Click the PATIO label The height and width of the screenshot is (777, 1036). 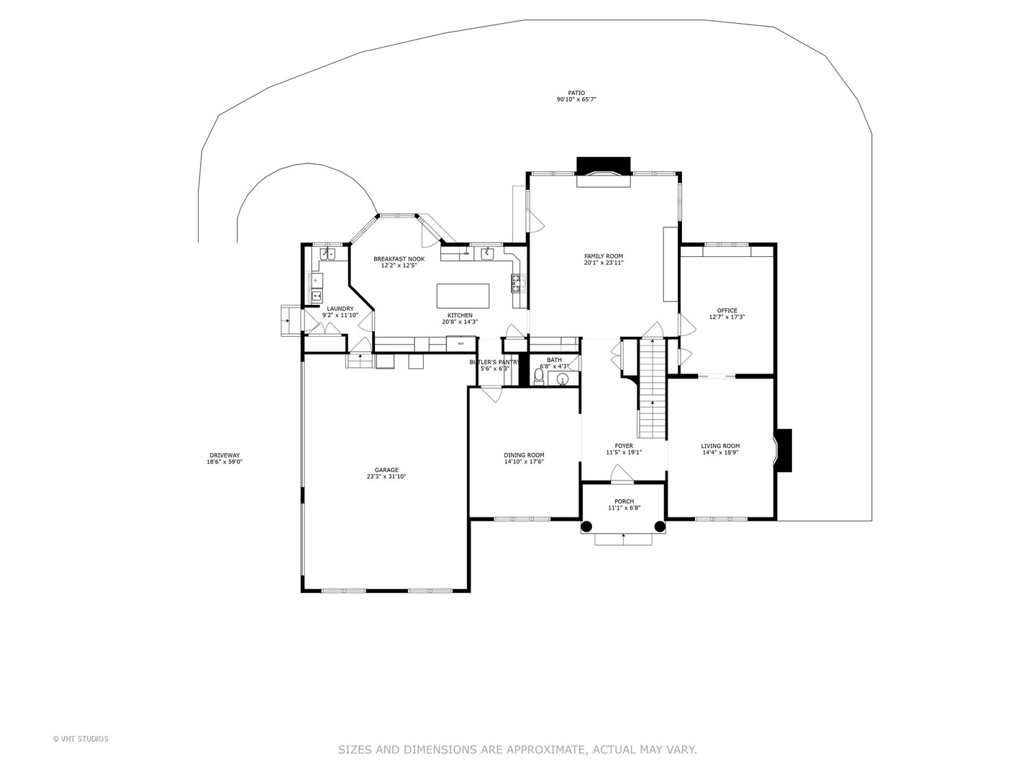[576, 93]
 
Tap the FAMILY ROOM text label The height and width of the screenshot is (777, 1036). [603, 256]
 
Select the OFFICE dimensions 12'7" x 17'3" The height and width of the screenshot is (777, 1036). [727, 317]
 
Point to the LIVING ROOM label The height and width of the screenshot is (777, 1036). [720, 446]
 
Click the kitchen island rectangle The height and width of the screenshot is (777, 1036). [463, 296]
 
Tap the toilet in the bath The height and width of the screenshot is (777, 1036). [539, 376]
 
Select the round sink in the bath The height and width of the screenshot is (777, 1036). [563, 378]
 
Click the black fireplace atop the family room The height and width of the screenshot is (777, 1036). [603, 165]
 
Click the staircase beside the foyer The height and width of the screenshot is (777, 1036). [653, 388]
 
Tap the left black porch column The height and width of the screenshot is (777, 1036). [587, 526]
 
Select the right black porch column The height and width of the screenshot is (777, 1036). [660, 526]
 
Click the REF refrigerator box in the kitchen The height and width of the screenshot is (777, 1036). [460, 344]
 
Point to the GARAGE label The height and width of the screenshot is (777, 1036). [386, 470]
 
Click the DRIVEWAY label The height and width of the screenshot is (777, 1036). [224, 455]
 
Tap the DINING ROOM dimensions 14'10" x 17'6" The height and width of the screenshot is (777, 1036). [524, 462]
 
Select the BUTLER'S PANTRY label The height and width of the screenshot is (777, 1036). [494, 362]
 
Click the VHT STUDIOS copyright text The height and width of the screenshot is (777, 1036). [81, 739]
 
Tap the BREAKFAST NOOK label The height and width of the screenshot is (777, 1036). [399, 259]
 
